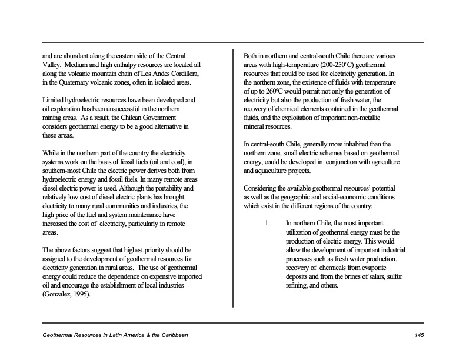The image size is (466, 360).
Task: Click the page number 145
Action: [418, 335]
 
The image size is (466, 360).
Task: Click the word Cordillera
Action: [184, 73]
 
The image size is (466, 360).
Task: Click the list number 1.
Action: [267, 224]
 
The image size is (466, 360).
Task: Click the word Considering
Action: [262, 188]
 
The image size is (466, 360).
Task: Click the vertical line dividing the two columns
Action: [234, 176]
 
